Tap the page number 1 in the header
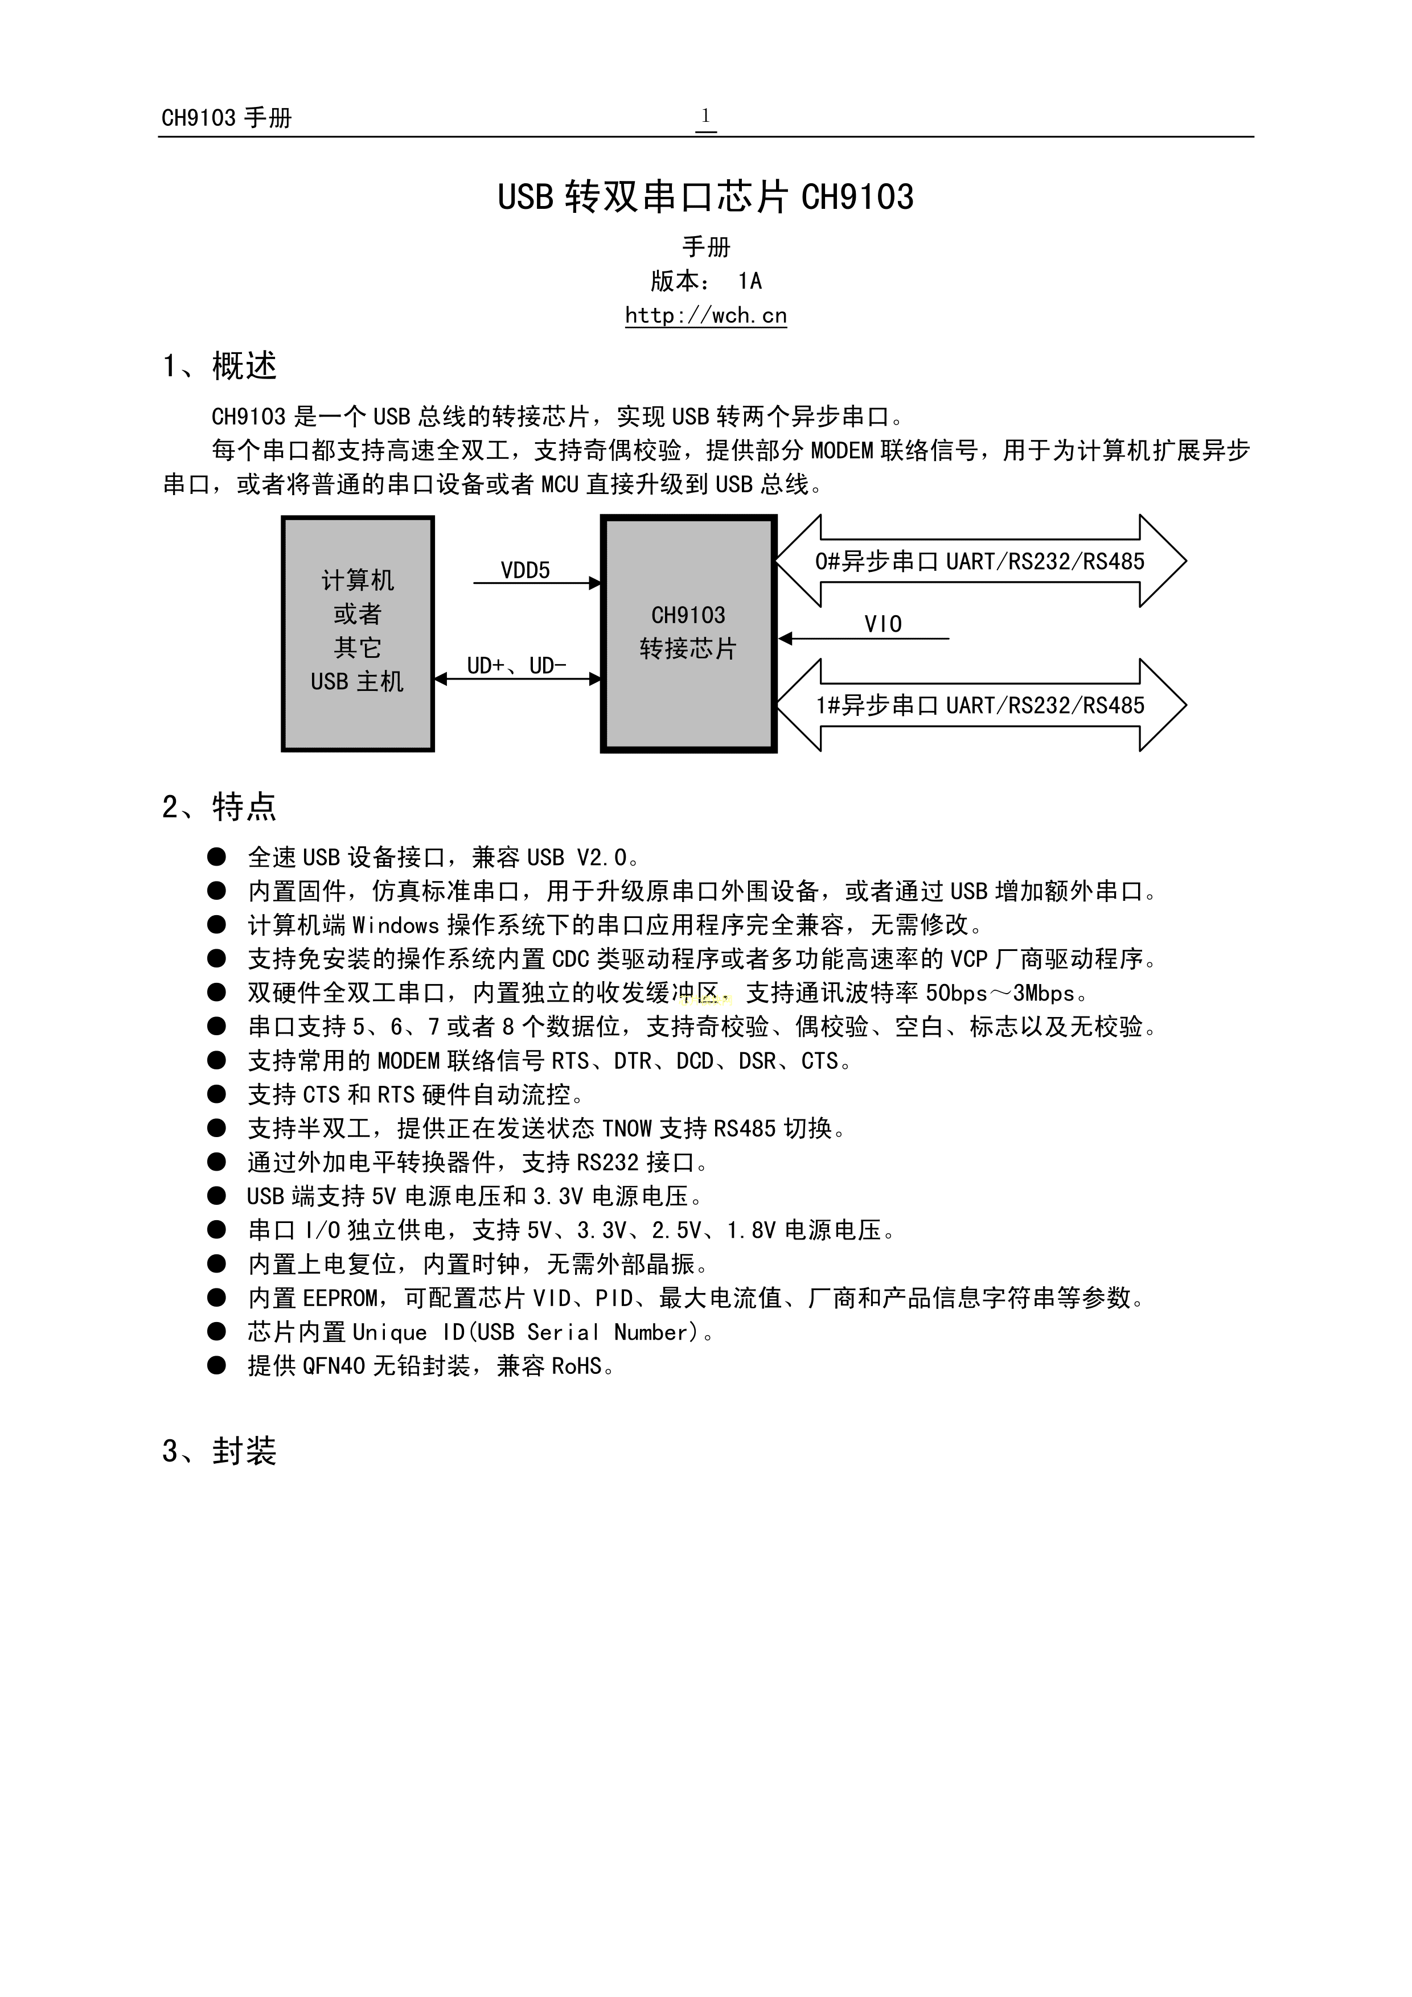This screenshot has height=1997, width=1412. click(705, 116)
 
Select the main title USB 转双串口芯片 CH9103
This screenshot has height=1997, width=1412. click(705, 196)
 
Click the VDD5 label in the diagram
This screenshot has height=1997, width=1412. click(526, 571)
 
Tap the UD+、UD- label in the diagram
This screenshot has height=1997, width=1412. click(517, 665)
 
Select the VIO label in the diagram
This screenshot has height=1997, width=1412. click(883, 624)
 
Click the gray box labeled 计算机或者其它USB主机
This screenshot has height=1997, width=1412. click(358, 633)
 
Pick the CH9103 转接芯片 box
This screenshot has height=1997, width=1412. click(688, 633)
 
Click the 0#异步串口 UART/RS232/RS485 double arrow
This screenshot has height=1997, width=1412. click(980, 561)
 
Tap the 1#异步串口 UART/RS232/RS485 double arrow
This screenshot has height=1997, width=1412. click(980, 705)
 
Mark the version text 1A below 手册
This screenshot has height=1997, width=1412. click(750, 281)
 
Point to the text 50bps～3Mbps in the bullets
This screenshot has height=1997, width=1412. click(1000, 993)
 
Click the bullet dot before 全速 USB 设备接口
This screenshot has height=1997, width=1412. click(216, 858)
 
